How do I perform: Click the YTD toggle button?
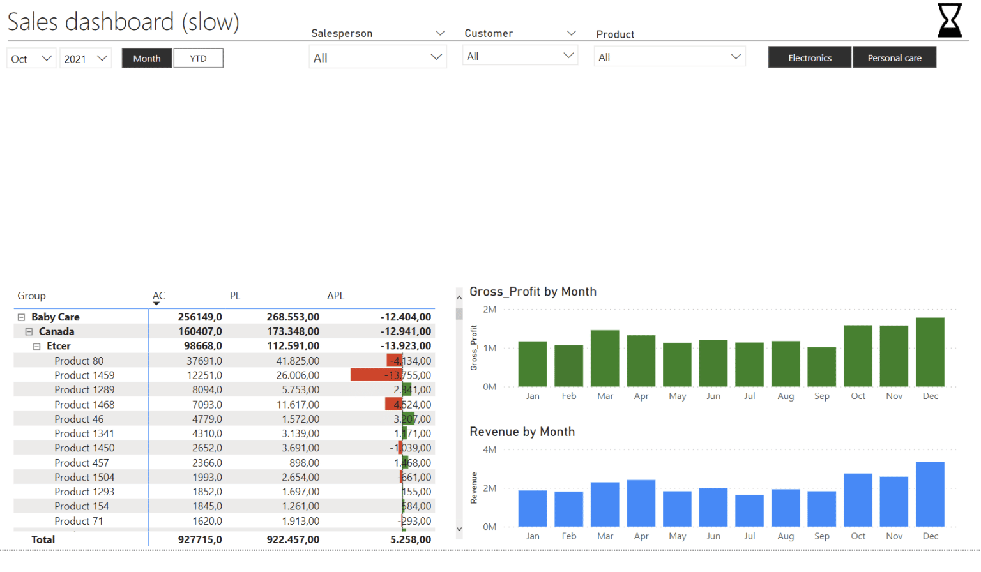[198, 58]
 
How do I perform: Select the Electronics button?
[809, 57]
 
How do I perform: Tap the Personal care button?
[894, 57]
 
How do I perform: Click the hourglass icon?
[949, 20]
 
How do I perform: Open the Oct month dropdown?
[31, 59]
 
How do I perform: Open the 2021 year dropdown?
[86, 59]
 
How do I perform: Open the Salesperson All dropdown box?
[377, 57]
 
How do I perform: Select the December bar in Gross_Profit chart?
[930, 352]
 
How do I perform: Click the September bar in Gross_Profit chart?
[821, 366]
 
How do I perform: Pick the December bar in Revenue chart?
[930, 494]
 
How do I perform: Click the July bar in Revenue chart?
[749, 511]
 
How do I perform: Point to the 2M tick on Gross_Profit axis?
[489, 310]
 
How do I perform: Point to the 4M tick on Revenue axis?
[489, 449]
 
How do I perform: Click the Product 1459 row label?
[84, 375]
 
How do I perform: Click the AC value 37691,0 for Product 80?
[204, 361]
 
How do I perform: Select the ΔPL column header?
[335, 296]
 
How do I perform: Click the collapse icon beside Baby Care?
[21, 317]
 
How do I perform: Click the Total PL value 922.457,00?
[293, 539]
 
